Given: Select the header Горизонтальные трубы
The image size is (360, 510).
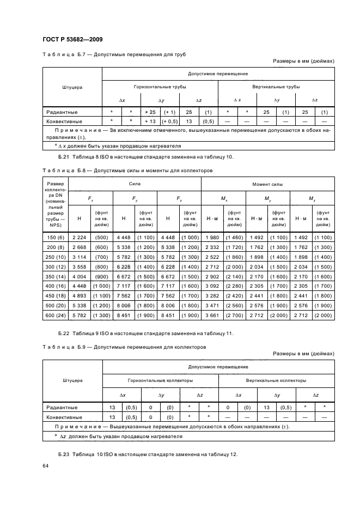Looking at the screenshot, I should pyautogui.click(x=160, y=87).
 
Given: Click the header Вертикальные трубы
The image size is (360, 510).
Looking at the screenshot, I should pyautogui.click(x=276, y=87).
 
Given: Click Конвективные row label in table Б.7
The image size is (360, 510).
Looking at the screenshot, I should pyautogui.click(x=64, y=122).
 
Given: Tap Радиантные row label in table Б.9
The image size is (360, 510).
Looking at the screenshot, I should pyautogui.click(x=62, y=407).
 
